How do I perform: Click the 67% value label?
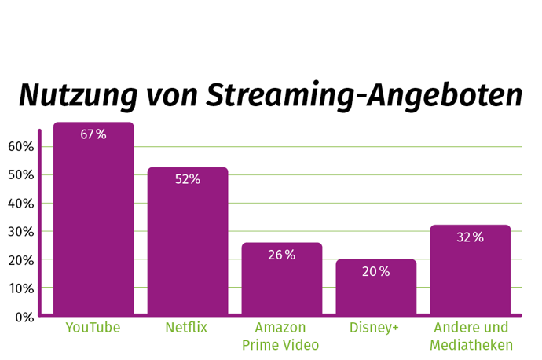(x=93, y=134)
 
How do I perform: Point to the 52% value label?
(x=188, y=179)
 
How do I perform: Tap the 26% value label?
(x=281, y=255)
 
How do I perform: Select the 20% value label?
(x=375, y=271)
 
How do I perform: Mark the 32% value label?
(x=470, y=237)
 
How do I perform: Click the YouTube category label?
(x=93, y=328)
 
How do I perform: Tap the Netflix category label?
(x=187, y=328)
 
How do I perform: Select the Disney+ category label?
(x=375, y=328)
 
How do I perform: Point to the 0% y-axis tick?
(x=24, y=317)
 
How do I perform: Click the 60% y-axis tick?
(x=21, y=147)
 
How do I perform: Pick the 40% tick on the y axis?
(x=21, y=204)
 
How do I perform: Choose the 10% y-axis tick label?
(x=21, y=288)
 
